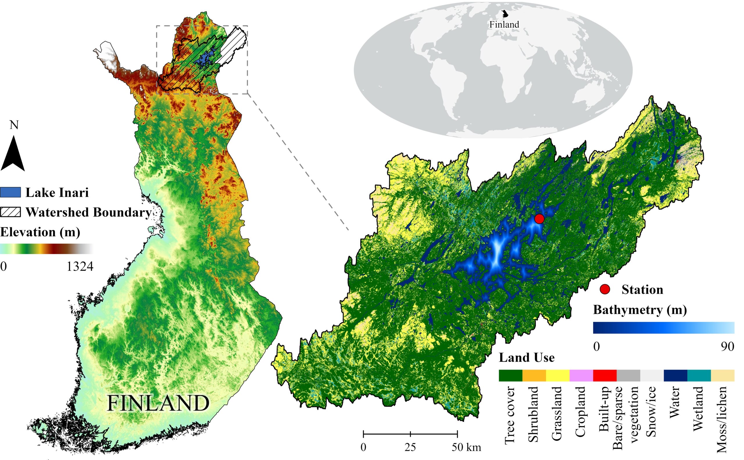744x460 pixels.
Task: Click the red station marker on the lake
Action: (539, 219)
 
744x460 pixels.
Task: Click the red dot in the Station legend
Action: (604, 289)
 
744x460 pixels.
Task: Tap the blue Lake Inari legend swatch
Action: (10, 193)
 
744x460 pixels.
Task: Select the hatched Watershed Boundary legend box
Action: (10, 212)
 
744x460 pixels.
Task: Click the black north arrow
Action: (13, 154)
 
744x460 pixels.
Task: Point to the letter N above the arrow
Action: (14, 125)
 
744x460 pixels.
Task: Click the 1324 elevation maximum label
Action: (80, 266)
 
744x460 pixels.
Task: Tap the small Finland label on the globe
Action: (504, 24)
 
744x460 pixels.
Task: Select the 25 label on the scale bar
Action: (410, 447)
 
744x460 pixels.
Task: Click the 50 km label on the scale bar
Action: (466, 447)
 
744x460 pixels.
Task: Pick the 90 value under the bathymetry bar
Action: (727, 346)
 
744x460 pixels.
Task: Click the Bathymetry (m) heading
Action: (640, 310)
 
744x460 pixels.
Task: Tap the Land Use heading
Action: (527, 357)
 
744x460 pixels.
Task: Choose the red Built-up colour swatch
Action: (604, 375)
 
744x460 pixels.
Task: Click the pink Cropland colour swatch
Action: (581, 375)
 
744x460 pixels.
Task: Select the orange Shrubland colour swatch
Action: (534, 375)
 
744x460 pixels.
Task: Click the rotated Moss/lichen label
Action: (722, 420)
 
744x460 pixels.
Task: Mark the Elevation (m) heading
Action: (40, 232)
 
